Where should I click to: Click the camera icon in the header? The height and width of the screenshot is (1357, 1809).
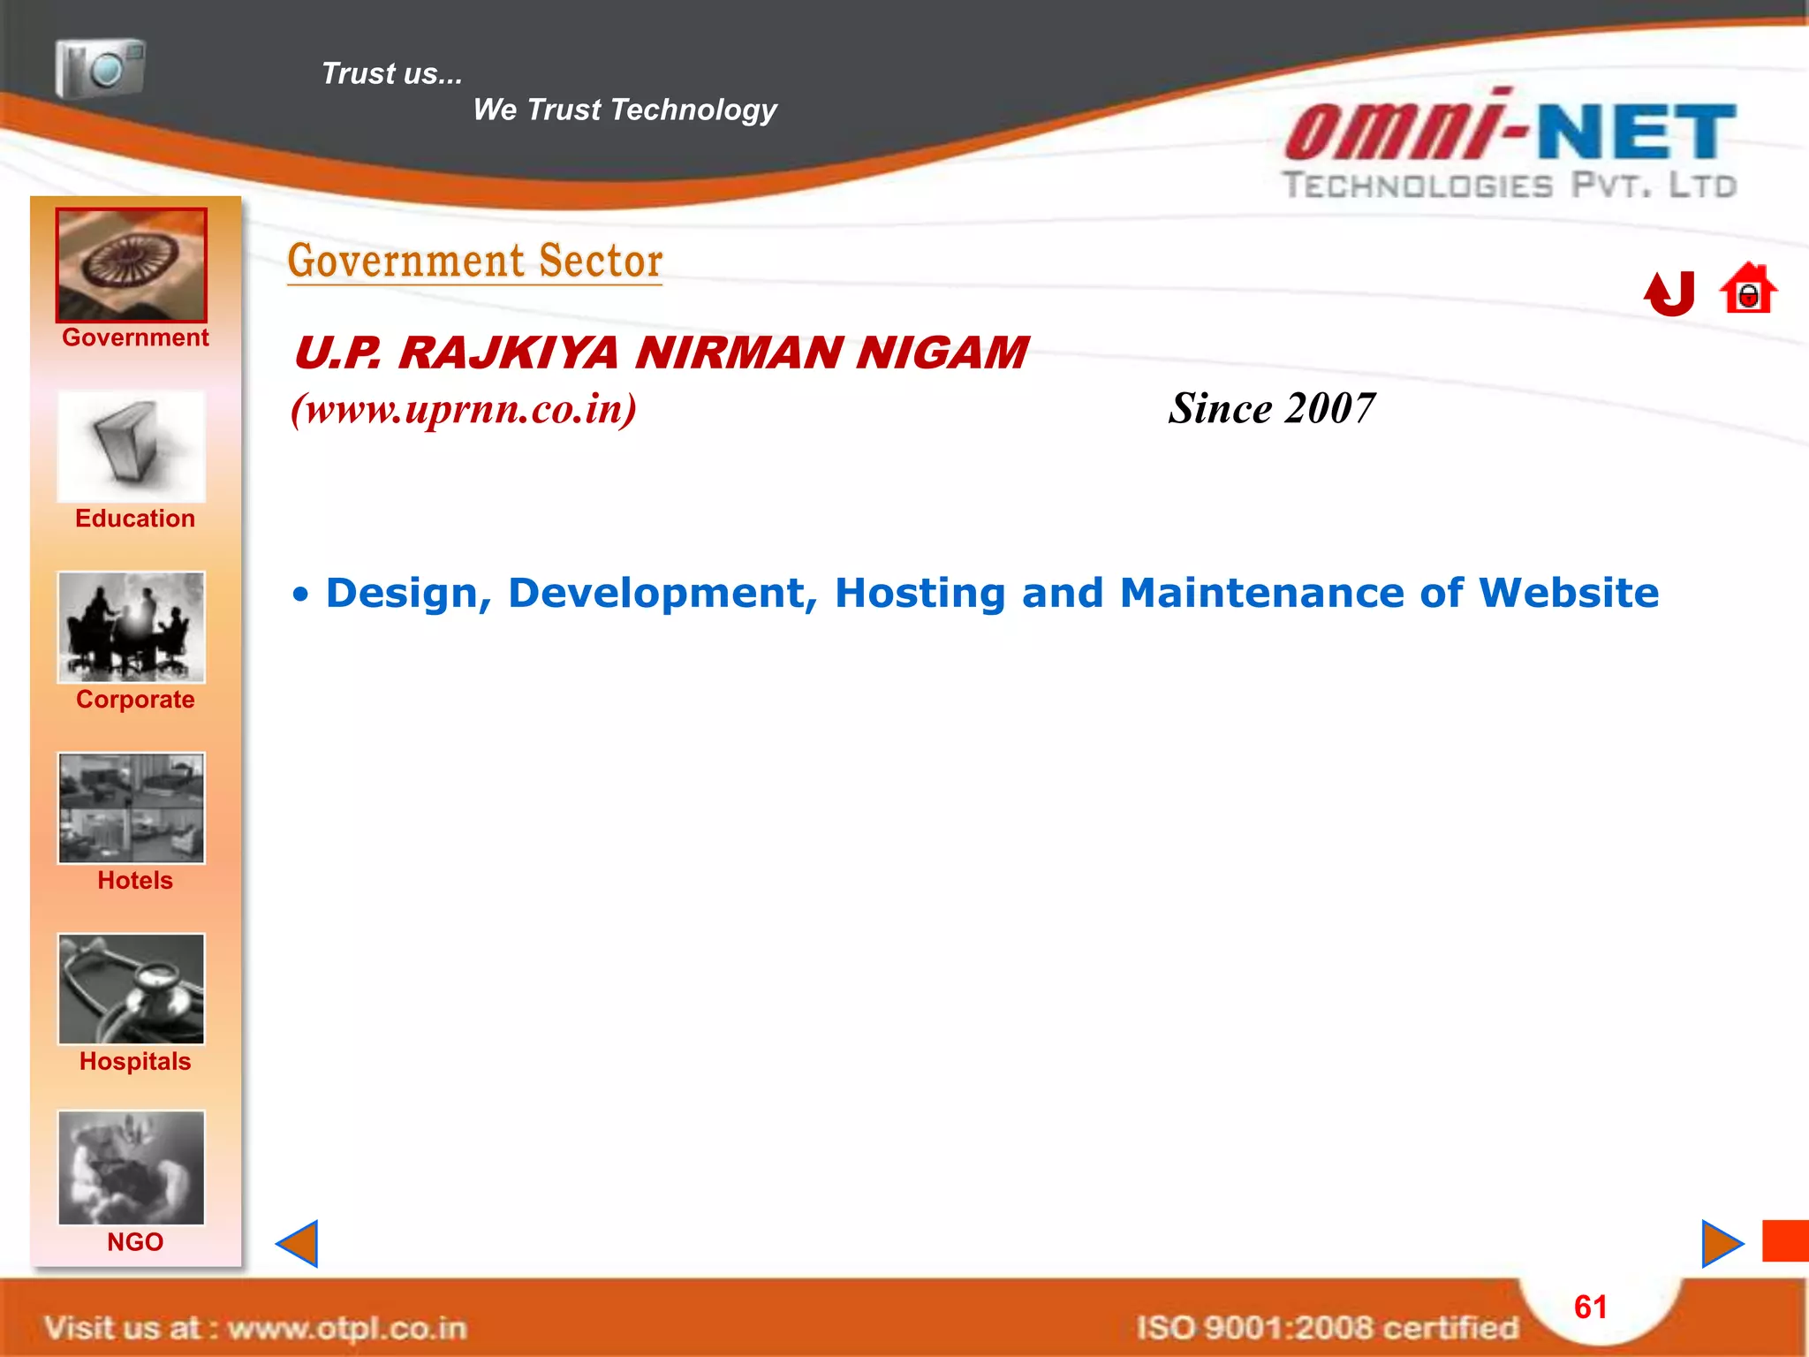click(100, 68)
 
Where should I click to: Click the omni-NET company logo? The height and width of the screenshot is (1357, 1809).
click(1510, 146)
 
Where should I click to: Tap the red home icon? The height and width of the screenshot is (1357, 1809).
click(1748, 289)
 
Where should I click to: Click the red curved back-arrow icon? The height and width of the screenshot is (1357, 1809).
click(1669, 292)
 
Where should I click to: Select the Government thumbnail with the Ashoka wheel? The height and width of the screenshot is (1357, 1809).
click(132, 265)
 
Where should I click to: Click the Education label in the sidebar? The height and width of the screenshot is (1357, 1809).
click(135, 519)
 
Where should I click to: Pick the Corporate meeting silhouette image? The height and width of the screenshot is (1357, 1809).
click(132, 627)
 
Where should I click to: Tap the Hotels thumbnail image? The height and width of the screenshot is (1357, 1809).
click(132, 807)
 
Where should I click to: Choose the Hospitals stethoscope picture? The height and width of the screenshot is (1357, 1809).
click(132, 989)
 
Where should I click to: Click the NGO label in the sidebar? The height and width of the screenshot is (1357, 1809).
click(135, 1242)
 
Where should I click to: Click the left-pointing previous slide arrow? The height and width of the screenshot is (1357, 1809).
click(298, 1244)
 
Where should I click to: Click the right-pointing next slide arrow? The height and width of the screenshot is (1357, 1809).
click(1721, 1244)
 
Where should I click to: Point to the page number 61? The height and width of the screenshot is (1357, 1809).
click(1590, 1308)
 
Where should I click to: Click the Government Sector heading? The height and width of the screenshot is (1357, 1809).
click(475, 262)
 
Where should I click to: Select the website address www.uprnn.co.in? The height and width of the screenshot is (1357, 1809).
click(464, 409)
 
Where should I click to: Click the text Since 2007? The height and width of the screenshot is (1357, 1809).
click(1271, 409)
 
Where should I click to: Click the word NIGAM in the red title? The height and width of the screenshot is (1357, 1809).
click(942, 353)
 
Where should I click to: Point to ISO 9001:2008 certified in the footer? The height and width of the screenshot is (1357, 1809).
click(1327, 1328)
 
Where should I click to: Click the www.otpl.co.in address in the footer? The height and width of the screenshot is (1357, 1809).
click(346, 1328)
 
